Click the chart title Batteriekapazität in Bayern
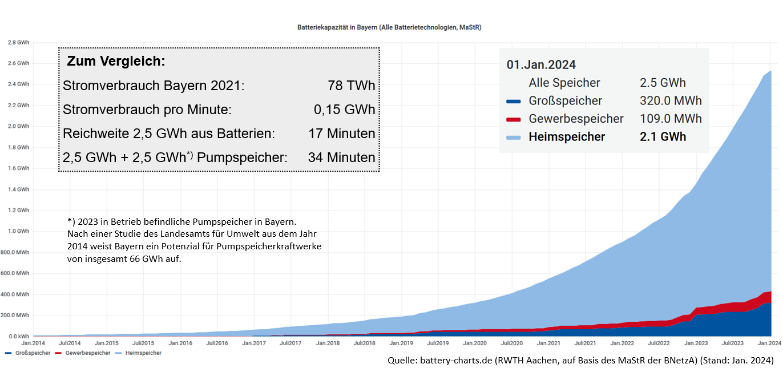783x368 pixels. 389,27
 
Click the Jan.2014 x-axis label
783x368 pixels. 33,343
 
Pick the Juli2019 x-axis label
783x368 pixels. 437,343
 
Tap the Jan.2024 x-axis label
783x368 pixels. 769,343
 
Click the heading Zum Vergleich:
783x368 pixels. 116,61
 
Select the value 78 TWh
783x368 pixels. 352,86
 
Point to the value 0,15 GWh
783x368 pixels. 345,110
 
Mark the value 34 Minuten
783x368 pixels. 341,157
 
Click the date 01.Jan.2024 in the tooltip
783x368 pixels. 541,64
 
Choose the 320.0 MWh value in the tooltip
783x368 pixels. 671,101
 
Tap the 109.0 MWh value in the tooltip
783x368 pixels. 671,119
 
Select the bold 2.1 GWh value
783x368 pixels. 663,137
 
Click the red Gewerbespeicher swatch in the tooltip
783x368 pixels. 514,119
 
